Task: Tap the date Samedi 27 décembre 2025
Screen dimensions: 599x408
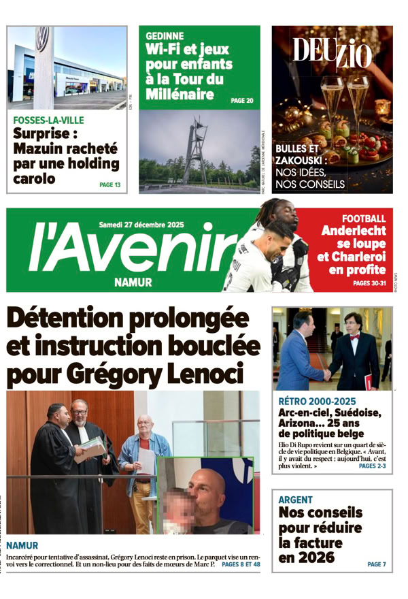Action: (x=141, y=224)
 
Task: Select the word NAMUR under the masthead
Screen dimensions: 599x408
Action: (x=133, y=282)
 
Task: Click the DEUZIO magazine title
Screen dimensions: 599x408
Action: (x=333, y=52)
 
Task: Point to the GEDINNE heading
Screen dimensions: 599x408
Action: (x=165, y=36)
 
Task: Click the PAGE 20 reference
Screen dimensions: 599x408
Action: (x=242, y=101)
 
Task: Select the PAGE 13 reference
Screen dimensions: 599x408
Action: (x=110, y=184)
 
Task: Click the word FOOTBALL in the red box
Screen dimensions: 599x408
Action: (x=364, y=218)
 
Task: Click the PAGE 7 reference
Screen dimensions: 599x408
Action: (x=376, y=564)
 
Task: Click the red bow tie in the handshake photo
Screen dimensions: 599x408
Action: (x=354, y=337)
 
